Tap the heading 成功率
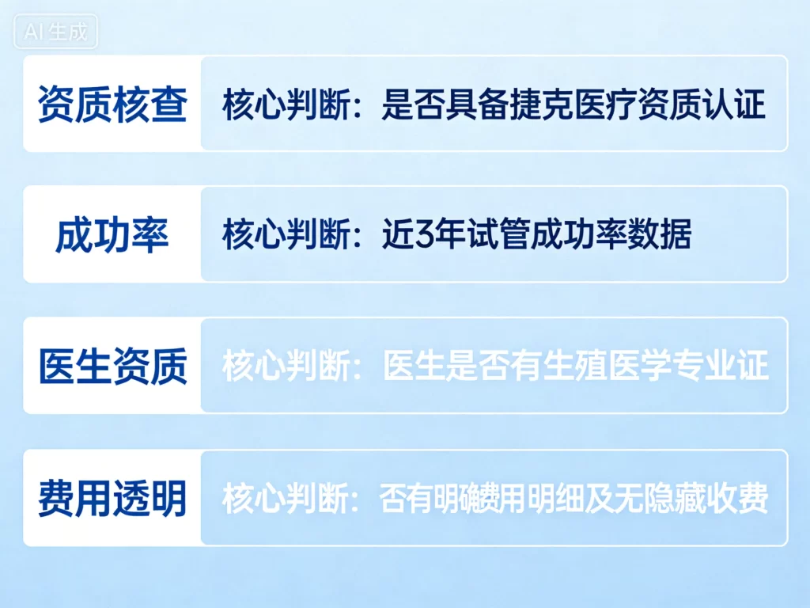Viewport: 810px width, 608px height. click(x=112, y=235)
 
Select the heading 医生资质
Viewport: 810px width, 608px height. click(x=112, y=367)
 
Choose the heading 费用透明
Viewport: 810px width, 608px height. click(x=112, y=499)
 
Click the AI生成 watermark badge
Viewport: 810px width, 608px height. click(x=55, y=34)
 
